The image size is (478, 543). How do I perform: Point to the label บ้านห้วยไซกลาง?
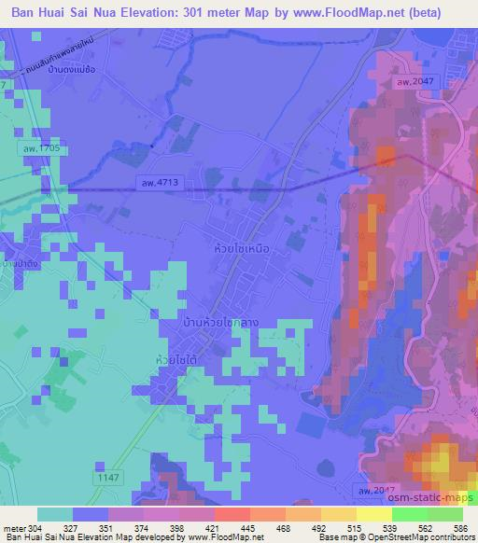click(x=221, y=322)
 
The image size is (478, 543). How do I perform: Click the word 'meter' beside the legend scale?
click(x=17, y=527)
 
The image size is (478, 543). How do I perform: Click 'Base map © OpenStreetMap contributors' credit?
click(x=396, y=537)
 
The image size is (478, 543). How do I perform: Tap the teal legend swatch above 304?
click(x=54, y=514)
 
